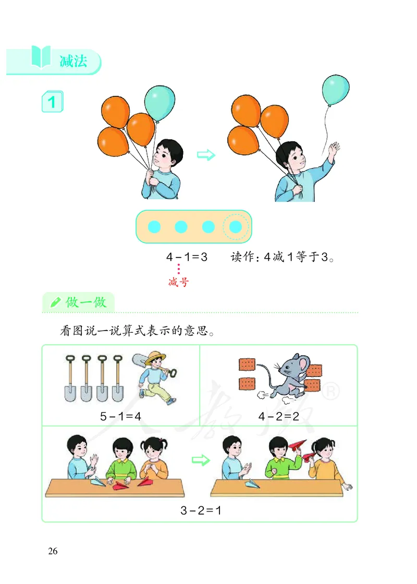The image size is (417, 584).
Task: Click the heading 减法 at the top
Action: (72, 62)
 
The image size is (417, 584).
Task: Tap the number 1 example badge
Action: (52, 102)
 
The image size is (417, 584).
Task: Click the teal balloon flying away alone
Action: (335, 90)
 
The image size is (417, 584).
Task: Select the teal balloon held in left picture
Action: (160, 103)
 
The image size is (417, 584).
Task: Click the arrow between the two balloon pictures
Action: (206, 155)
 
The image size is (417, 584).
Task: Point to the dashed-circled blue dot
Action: (236, 227)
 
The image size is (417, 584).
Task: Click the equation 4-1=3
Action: (187, 257)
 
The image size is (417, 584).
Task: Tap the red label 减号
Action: (178, 283)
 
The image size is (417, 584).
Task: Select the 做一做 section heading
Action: (86, 302)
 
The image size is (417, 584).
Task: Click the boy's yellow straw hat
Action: (155, 357)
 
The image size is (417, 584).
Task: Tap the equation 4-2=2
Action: (278, 417)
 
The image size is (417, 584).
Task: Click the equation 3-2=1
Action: (201, 510)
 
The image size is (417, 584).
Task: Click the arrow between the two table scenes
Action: (201, 460)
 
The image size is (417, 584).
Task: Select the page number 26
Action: (53, 551)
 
